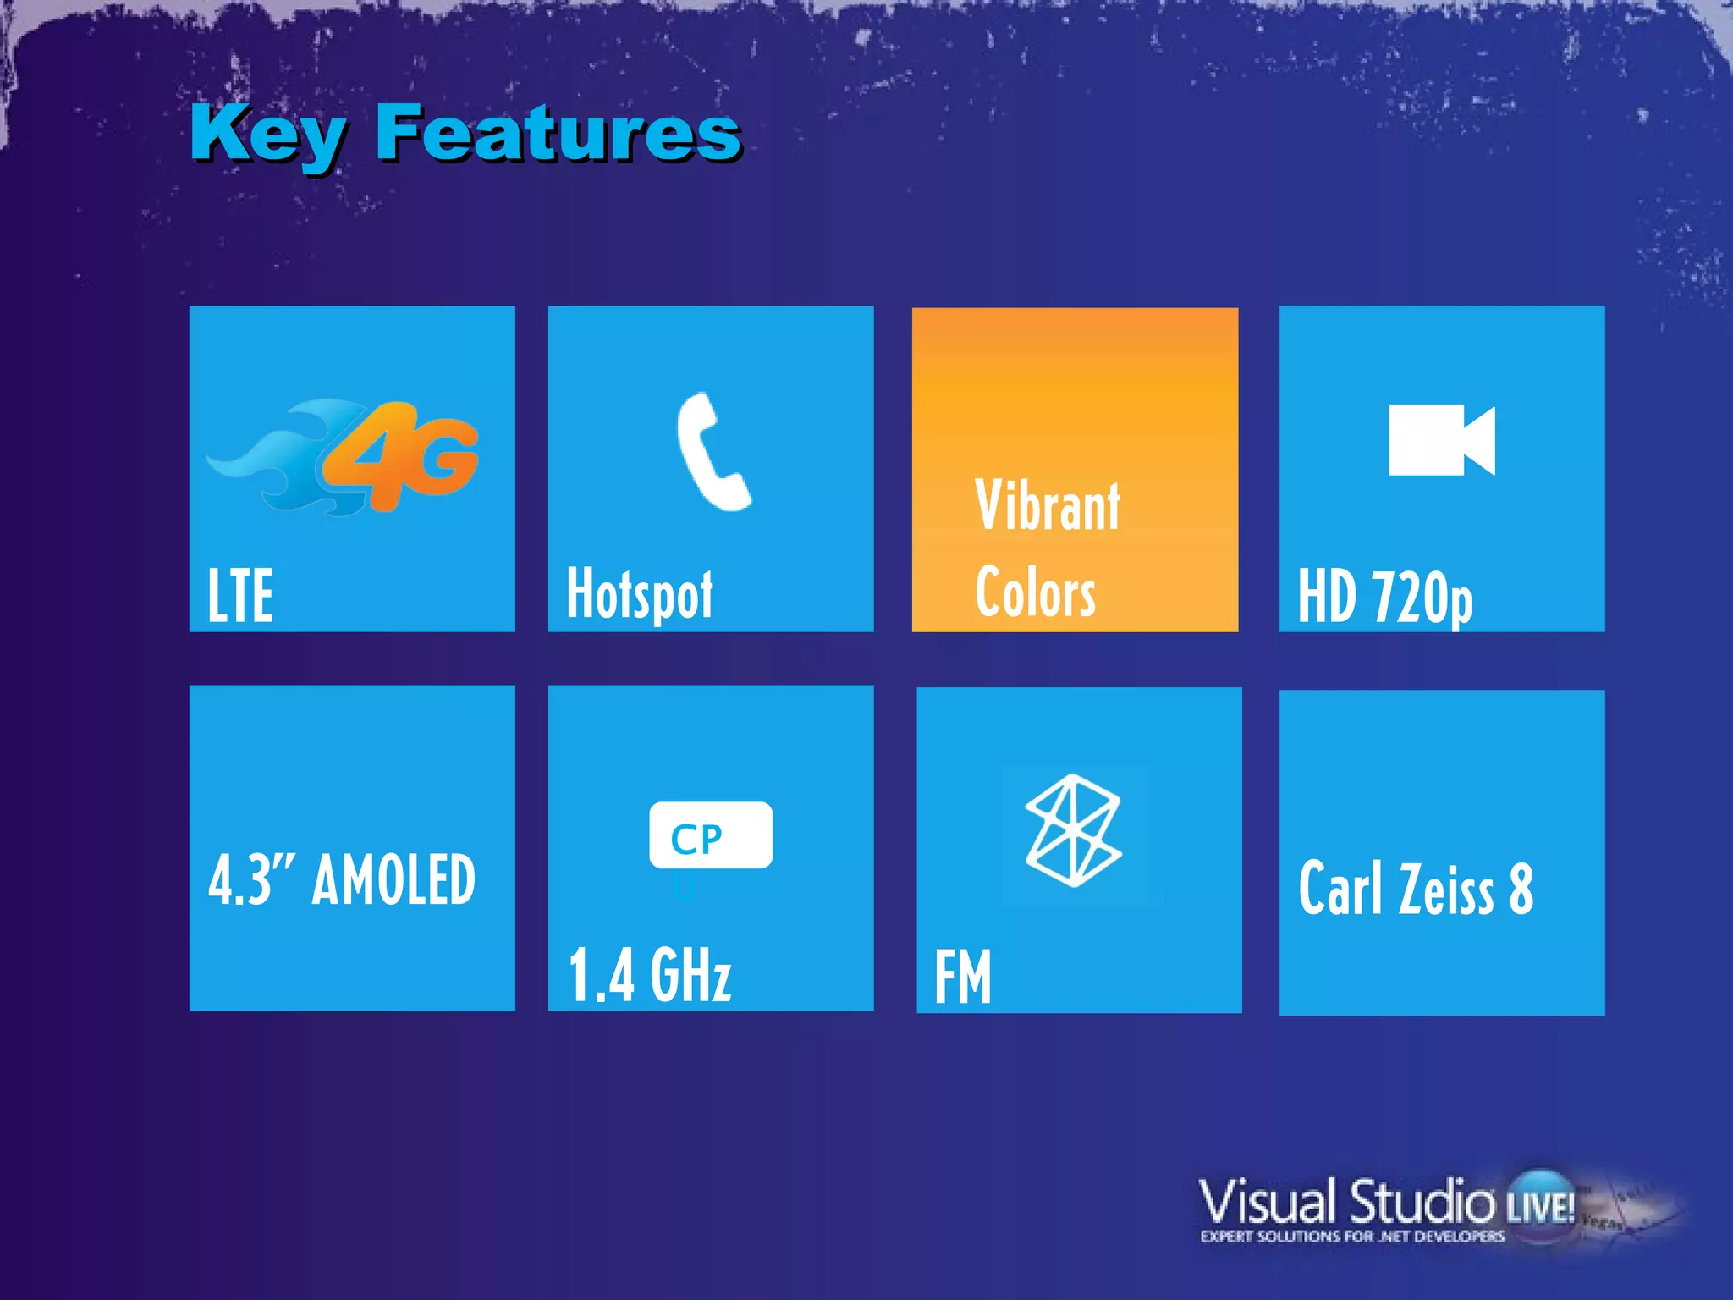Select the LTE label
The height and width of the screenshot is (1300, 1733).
pyautogui.click(x=240, y=596)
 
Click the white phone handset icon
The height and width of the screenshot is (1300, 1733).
pyautogui.click(x=711, y=452)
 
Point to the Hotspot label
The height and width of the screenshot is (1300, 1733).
pyautogui.click(x=640, y=595)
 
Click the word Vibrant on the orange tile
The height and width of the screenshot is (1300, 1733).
pyautogui.click(x=1048, y=506)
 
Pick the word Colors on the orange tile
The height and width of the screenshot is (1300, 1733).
pyautogui.click(x=1036, y=592)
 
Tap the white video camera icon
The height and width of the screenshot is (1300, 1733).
pyautogui.click(x=1441, y=440)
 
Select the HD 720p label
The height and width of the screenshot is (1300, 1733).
pyautogui.click(x=1385, y=598)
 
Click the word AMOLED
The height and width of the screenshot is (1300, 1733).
pyautogui.click(x=394, y=880)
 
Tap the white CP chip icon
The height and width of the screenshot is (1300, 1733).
pyautogui.click(x=710, y=835)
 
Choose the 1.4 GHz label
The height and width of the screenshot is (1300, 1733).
pyautogui.click(x=650, y=975)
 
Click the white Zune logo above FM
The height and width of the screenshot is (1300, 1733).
pyautogui.click(x=1073, y=830)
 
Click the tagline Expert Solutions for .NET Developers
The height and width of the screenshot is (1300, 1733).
pyautogui.click(x=1352, y=1237)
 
